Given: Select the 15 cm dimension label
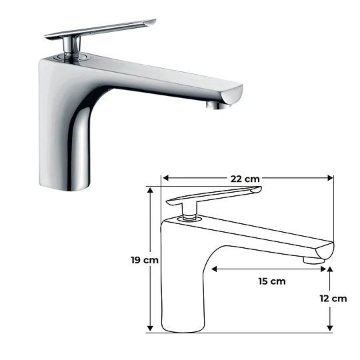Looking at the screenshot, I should tap(271, 281).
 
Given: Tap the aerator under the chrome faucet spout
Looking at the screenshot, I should tap(216, 105).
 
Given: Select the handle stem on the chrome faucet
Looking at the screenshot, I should tap(69, 46).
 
